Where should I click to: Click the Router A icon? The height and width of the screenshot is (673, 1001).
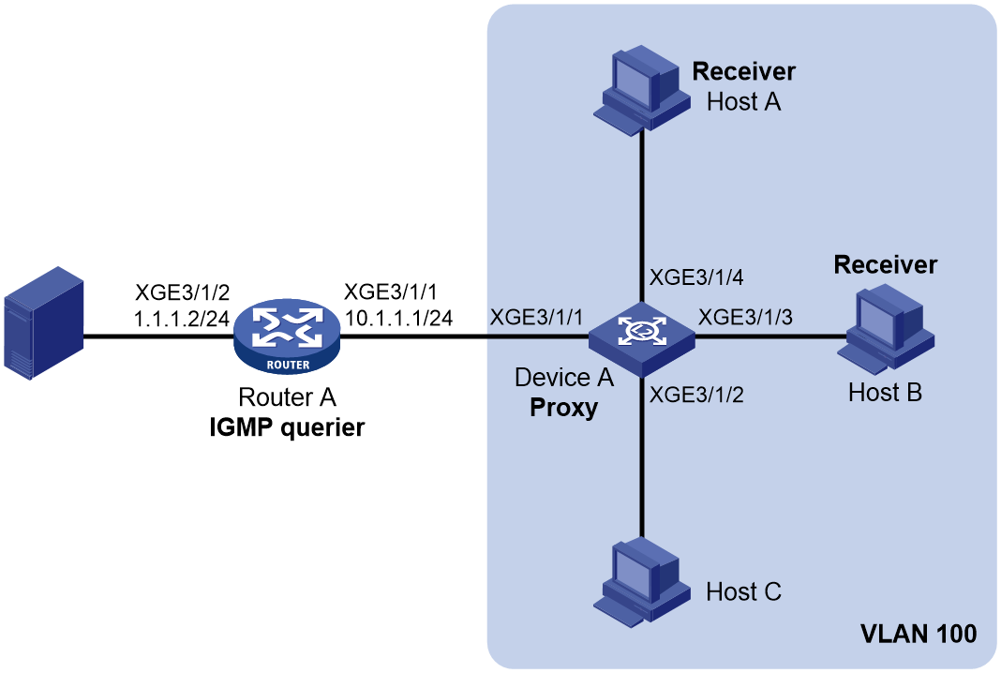pos(287,337)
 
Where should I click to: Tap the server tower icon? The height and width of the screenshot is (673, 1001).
pos(43,323)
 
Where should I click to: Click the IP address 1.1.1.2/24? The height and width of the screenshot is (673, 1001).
pos(181,318)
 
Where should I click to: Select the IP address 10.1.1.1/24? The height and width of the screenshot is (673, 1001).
pos(399,318)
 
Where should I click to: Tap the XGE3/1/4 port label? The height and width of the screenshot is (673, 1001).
pos(696,277)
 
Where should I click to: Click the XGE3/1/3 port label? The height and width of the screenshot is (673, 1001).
pos(746,317)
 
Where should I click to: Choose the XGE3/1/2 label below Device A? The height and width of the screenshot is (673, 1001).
pos(696,395)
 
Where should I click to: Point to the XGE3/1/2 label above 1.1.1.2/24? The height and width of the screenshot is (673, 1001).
pos(182,292)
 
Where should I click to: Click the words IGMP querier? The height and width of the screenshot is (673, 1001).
pos(288,427)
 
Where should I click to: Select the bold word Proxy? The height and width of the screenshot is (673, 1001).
pos(563,408)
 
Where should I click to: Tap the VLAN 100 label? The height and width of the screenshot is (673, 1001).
pos(919,634)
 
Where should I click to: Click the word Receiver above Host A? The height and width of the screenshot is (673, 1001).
pos(744,71)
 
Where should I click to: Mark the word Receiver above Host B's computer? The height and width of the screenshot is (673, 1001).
pos(886,265)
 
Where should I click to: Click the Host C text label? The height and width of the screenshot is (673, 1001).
pos(744,591)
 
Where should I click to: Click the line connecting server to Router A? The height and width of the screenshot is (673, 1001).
pos(159,336)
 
